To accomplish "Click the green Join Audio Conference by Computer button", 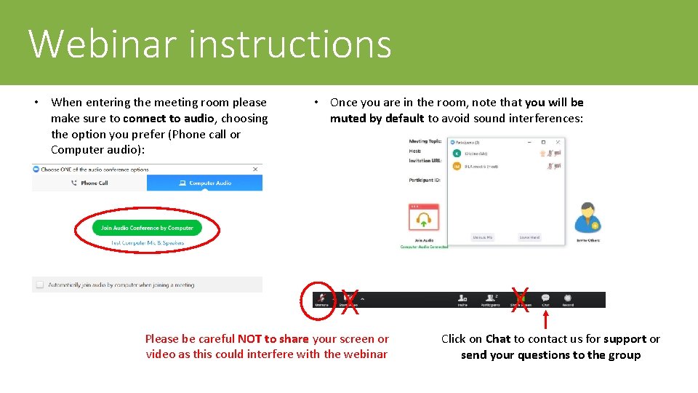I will tap(147, 228).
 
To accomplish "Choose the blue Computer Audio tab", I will tap(205, 183).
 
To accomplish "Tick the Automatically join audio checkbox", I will tap(39, 285).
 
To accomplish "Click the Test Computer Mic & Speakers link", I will tap(148, 243).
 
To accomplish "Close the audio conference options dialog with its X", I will tap(255, 170).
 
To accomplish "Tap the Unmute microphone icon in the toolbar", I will tap(321, 298).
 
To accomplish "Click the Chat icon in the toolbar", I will tap(545, 298).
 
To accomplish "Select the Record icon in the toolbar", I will tap(568, 298).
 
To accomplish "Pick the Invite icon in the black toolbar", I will tap(462, 298).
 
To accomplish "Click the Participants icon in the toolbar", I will tap(490, 298).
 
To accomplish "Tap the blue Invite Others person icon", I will tap(587, 218).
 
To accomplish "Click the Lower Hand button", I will tap(529, 237).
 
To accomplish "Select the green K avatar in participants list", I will tap(457, 154).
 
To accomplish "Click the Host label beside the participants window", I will tap(415, 151).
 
